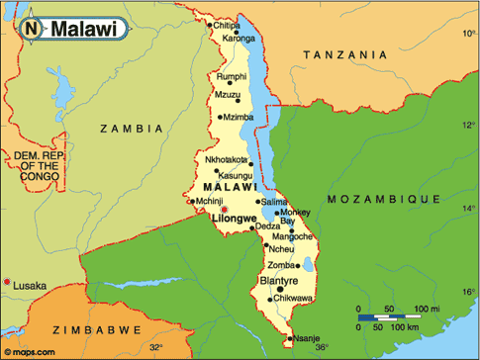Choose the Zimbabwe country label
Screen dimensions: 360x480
pos(40,325)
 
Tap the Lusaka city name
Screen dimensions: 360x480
pos(30,286)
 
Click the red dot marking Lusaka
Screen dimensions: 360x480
pos(8,284)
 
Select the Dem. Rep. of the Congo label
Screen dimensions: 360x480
pos(35,166)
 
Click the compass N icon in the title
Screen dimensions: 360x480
pos(32,29)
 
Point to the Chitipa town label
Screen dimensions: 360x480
pos(227,25)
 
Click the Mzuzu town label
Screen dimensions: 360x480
pos(228,95)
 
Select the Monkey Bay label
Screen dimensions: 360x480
pos(295,218)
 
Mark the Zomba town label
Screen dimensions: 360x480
pos(282,265)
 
